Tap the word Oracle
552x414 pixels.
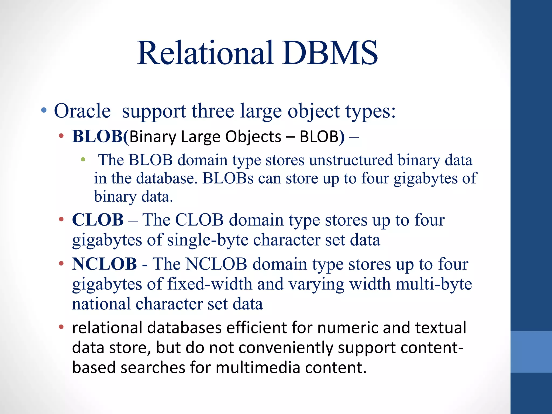coord(82,111)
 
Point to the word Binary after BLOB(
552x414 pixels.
coord(153,137)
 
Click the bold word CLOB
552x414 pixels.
coord(98,220)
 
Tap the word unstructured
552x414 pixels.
coord(351,160)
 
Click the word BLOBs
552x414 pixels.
coord(228,178)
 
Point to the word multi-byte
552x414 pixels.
coord(434,284)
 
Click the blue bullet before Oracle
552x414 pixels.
coord(44,110)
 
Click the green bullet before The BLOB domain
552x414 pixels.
coord(83,160)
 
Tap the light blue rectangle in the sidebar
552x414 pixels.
coord(531,352)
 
